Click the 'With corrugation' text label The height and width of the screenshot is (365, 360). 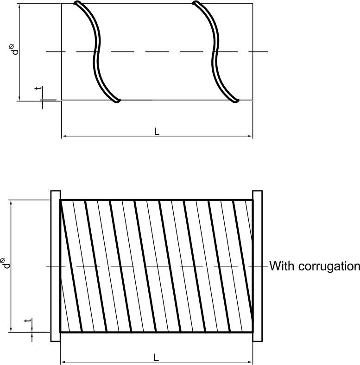pos(315,266)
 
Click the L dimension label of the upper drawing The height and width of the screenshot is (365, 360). pos(157,132)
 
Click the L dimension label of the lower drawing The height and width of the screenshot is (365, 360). pos(157,358)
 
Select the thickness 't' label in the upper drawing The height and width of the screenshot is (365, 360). pos(38,88)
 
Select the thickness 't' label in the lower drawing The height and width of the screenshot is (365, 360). pos(28,321)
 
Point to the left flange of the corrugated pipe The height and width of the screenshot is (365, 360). pos(55,266)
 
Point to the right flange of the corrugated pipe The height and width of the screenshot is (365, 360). pos(257,266)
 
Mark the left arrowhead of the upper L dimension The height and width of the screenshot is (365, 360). pos(64,137)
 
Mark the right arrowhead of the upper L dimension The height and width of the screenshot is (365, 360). pos(250,137)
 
